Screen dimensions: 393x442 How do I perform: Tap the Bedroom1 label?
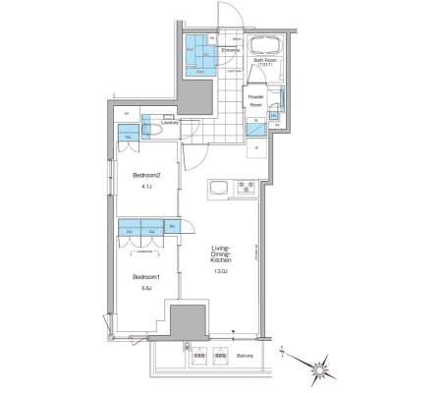pyautogui.click(x=144, y=276)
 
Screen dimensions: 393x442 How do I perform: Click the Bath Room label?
pyautogui.click(x=265, y=61)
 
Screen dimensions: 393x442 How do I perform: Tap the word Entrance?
pyautogui.click(x=231, y=50)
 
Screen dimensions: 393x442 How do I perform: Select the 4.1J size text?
pyautogui.click(x=144, y=187)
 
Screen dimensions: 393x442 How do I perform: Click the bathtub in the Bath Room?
pyautogui.click(x=266, y=45)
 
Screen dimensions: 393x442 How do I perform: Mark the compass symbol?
pyautogui.click(x=320, y=369)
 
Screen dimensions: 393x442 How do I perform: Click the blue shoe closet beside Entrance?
pyautogui.click(x=203, y=54)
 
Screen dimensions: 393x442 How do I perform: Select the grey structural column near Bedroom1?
pyautogui.click(x=185, y=321)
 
